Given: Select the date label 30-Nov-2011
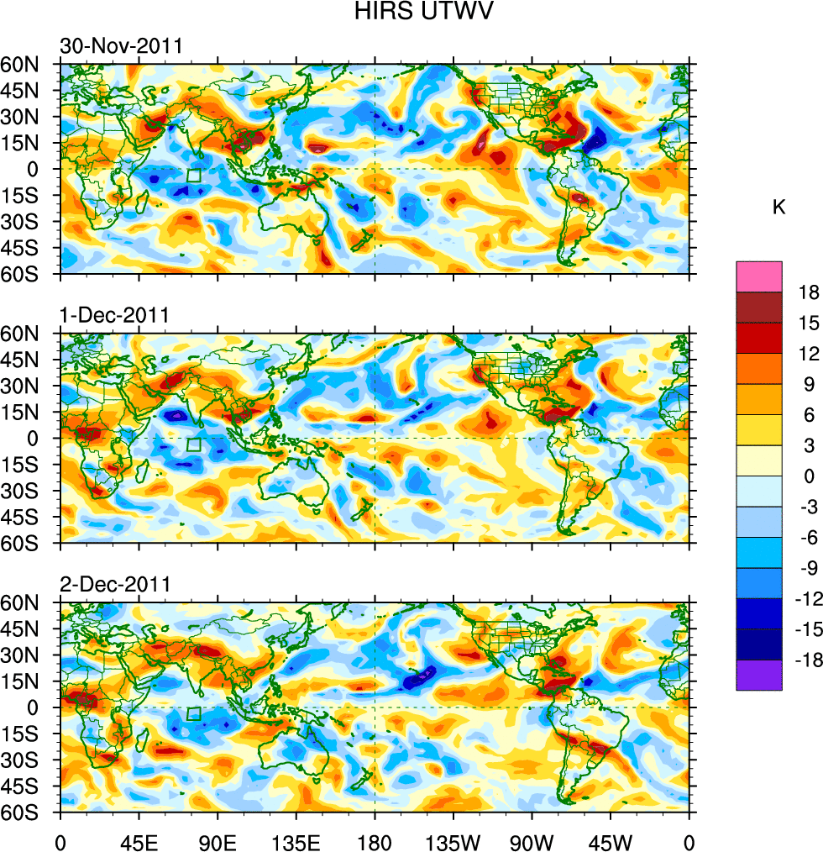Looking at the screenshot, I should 120,46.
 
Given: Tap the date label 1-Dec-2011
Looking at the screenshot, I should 114,315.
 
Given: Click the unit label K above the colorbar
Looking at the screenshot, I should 779,208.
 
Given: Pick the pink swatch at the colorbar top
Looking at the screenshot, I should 759,276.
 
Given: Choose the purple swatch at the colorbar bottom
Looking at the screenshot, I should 759,676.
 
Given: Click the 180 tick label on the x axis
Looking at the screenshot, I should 375,840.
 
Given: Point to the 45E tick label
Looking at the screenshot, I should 139,840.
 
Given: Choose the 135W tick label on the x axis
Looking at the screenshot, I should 453,840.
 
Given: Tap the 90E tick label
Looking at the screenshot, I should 218,840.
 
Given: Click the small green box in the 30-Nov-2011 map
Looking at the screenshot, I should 194,176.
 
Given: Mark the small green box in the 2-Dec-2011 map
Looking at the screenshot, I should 194,714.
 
